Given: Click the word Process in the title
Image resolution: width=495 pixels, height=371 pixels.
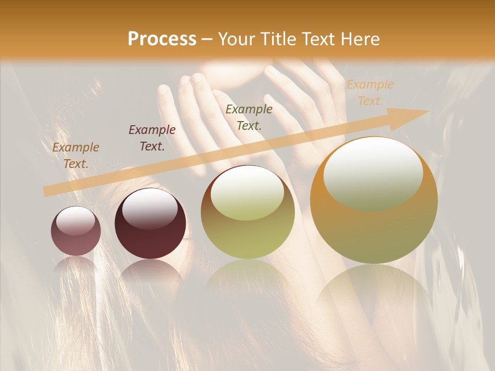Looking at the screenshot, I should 162,39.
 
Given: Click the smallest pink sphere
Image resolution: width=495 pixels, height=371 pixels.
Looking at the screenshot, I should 76,231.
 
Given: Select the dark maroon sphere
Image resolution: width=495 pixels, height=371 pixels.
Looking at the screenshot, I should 150,224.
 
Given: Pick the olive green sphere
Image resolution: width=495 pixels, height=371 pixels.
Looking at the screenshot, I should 247,212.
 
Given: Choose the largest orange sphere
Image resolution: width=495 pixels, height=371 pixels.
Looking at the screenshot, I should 374,200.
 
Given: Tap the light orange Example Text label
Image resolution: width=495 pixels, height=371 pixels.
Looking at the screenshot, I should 370,93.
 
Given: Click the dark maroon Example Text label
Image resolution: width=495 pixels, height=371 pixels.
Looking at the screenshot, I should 152,138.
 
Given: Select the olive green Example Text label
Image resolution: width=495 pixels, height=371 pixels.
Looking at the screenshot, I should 249,117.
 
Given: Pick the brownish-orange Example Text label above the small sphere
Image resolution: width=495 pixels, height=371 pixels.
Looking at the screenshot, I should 76,156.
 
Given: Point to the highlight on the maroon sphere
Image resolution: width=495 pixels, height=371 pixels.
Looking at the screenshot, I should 150,207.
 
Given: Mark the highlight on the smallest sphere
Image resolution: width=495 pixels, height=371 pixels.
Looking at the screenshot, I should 75,221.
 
